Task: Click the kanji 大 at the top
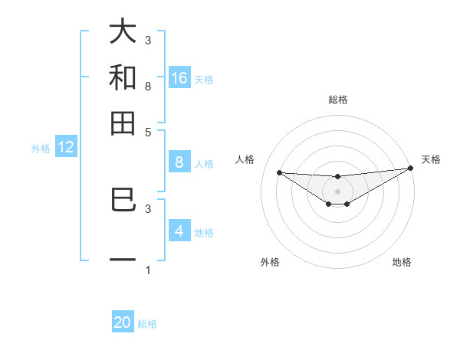tap(123, 32)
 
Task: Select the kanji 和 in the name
tap(123, 77)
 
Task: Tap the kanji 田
tap(123, 122)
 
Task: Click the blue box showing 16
tap(179, 78)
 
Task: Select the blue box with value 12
tap(66, 148)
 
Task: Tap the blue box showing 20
tap(123, 322)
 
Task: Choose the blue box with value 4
tap(179, 231)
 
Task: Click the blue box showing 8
tap(179, 162)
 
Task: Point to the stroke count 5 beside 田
tap(148, 132)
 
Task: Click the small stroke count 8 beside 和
tap(148, 86)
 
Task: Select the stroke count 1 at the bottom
tap(148, 270)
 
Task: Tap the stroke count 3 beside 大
tap(148, 40)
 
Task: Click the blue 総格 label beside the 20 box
tap(147, 324)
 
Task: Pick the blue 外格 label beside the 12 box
tap(41, 149)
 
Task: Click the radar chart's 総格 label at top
tap(337, 100)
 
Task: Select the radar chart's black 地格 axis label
tap(402, 262)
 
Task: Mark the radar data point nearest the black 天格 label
tap(410, 168)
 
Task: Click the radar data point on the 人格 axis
tap(279, 172)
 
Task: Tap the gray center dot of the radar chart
tap(337, 191)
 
